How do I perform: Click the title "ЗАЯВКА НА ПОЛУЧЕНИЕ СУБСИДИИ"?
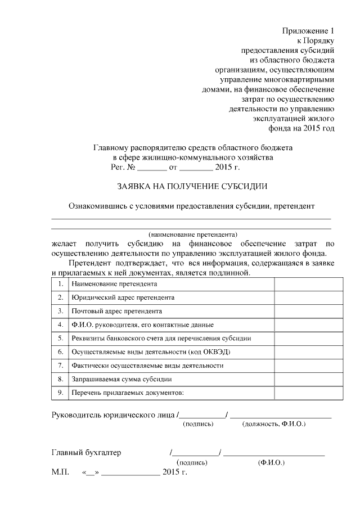click(191, 186)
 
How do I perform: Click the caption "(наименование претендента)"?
click(193, 233)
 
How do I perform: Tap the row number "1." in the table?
click(60, 284)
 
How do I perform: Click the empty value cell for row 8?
click(308, 379)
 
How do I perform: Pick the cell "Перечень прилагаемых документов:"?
click(128, 393)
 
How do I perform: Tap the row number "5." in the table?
click(60, 339)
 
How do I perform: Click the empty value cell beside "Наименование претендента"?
click(308, 284)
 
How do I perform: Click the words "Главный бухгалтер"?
click(86, 452)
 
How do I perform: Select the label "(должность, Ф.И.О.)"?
click(273, 424)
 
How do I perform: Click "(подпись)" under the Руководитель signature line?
click(198, 424)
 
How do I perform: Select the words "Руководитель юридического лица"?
click(113, 416)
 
